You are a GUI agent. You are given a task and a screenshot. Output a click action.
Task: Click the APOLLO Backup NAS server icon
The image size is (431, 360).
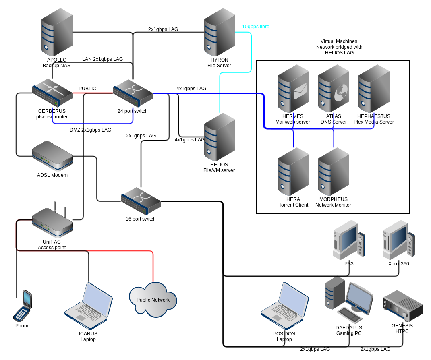(57, 32)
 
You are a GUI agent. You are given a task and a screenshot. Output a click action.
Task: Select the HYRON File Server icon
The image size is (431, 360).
(220, 32)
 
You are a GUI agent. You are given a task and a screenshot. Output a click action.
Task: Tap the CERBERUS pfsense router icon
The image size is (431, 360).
(52, 93)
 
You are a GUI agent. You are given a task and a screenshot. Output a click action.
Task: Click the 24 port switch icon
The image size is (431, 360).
(133, 93)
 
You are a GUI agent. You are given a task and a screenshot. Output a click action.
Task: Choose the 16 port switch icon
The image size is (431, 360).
(141, 201)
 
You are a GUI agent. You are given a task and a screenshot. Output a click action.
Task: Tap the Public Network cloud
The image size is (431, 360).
(153, 300)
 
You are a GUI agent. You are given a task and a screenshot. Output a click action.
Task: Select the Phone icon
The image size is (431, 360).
(23, 306)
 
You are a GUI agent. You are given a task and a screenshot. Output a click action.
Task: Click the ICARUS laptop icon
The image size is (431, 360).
(89, 306)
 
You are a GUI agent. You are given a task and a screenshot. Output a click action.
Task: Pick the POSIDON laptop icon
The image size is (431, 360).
(285, 306)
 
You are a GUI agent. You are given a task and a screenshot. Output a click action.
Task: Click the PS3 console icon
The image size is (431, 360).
(349, 240)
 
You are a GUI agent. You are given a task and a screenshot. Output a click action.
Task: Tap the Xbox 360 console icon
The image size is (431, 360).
(398, 240)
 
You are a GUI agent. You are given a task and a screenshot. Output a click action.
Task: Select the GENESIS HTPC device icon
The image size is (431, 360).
(403, 306)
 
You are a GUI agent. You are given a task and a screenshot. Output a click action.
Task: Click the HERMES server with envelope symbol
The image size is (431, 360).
(293, 89)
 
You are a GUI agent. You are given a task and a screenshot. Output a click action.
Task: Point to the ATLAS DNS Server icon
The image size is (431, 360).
(334, 89)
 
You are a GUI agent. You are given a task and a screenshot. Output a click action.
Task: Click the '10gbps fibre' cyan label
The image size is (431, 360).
(256, 27)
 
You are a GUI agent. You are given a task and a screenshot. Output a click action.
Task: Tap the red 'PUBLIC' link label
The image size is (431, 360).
(87, 89)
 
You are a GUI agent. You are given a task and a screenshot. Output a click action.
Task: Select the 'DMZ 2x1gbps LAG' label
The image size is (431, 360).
(91, 130)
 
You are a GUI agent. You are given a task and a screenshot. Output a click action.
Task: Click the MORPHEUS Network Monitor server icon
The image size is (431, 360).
(334, 172)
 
